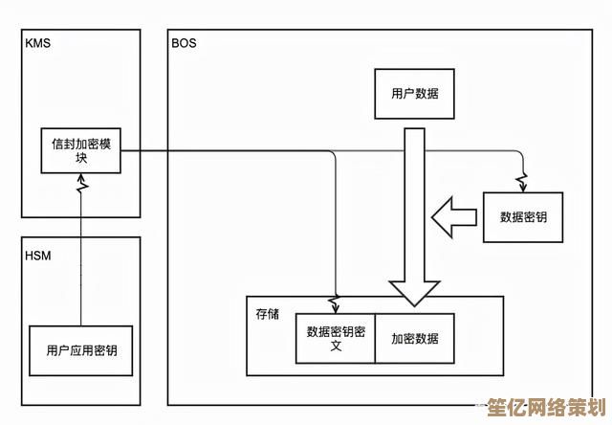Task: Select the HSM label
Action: point(37,255)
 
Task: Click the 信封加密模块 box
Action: point(81,150)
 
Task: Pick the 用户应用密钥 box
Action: point(82,351)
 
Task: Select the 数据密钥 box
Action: point(524,217)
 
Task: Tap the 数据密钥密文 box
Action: point(336,338)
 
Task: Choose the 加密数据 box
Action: point(415,338)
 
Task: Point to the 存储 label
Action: point(267,313)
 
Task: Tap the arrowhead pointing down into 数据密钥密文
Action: point(336,305)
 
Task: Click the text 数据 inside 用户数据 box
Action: point(427,95)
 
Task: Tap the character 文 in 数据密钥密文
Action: point(336,346)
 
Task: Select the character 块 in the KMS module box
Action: point(81,158)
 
